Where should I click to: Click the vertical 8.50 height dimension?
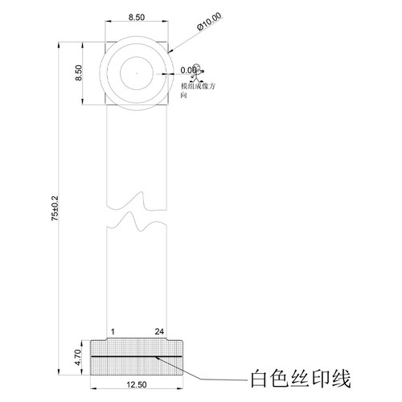point(80,73)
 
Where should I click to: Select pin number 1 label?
point(113,330)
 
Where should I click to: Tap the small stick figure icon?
point(199,71)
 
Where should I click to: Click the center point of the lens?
point(137,73)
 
